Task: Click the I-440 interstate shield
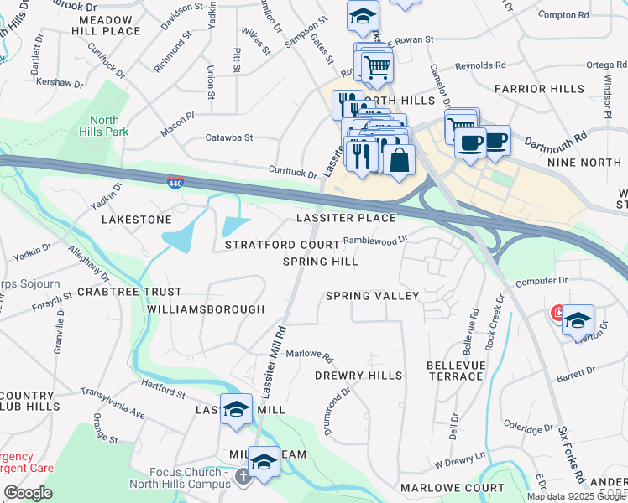click(173, 183)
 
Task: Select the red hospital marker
click(557, 314)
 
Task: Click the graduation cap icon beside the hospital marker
click(578, 319)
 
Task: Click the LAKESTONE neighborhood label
click(136, 219)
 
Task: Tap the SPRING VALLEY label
click(372, 296)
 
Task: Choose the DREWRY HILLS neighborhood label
click(358, 376)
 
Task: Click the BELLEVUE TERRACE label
click(455, 371)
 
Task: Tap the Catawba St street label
click(229, 138)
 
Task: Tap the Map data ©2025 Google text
click(576, 496)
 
